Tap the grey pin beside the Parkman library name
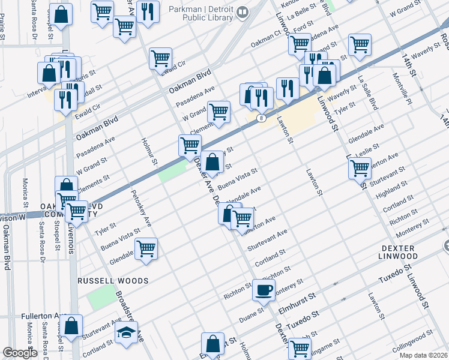click(243, 12)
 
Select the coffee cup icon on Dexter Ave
click(264, 290)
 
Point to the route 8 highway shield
click(261, 118)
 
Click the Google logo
click(20, 353)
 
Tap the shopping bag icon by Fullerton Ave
click(71, 326)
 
